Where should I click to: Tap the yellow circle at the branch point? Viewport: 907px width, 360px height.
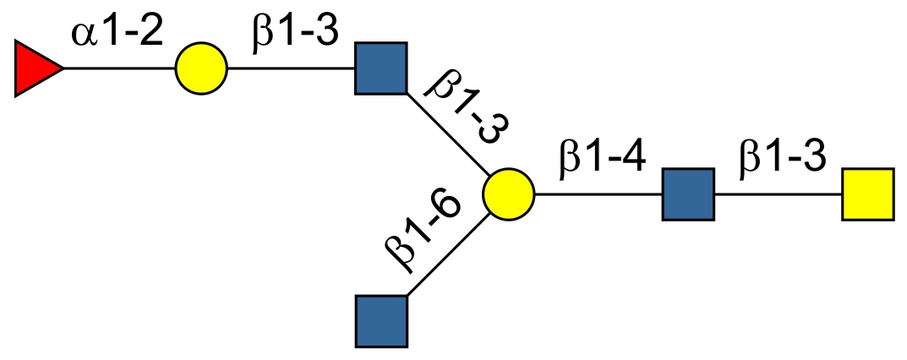509,194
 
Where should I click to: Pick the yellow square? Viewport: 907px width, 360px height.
867,194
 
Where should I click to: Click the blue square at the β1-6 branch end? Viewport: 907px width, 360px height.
381,321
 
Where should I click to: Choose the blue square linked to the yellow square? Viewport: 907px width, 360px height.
688,194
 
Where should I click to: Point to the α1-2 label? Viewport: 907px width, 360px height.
117,35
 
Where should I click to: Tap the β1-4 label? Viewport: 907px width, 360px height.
603,159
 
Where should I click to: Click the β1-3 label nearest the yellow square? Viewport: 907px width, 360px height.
782,159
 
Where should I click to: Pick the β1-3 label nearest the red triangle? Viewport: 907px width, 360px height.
295,35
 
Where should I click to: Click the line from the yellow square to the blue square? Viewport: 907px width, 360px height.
778,194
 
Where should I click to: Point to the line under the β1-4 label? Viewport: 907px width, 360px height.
598,194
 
